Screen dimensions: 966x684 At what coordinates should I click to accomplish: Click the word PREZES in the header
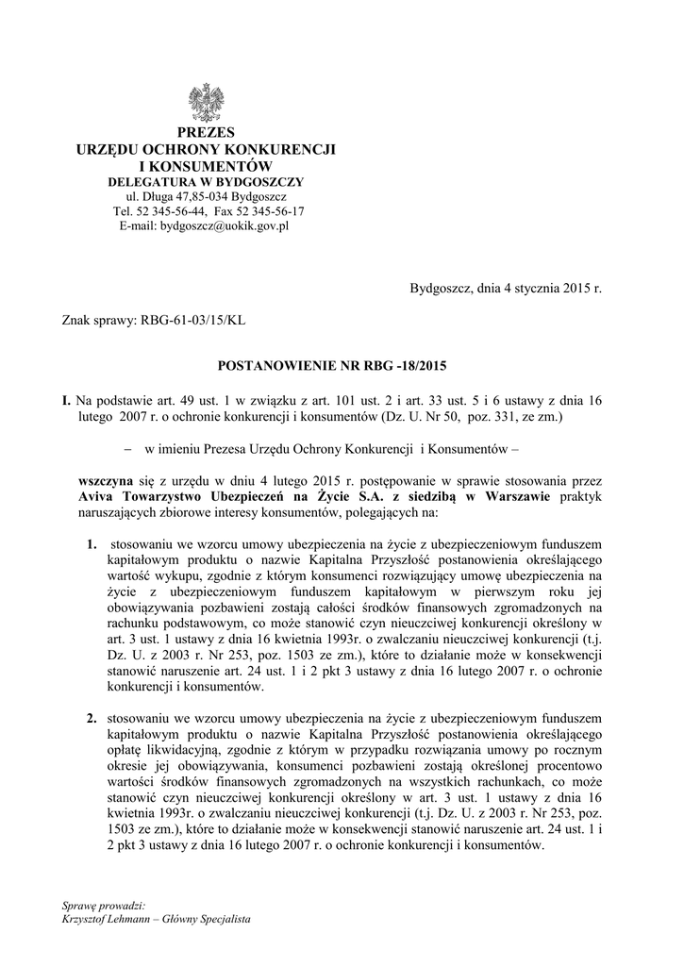206,133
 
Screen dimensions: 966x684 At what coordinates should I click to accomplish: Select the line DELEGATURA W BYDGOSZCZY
206,181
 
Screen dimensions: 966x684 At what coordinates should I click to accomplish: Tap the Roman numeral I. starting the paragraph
66,400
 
